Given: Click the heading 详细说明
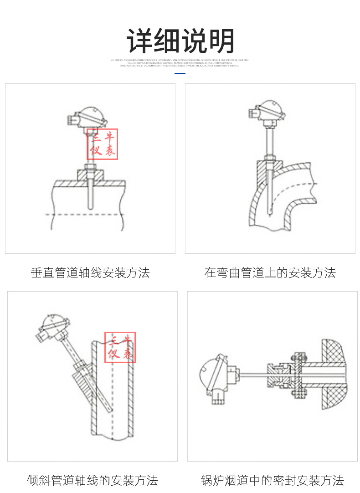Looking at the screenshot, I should coord(180,41).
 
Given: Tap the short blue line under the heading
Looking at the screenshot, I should coord(180,73).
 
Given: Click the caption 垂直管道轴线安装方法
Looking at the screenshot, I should coord(90,273).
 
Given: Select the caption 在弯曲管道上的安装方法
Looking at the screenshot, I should coord(270,273).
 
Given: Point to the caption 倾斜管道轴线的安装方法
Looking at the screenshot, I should coord(93,480).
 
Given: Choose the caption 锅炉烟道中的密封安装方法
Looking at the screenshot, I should coord(273,480).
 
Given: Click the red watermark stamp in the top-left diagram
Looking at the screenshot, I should coord(103,144).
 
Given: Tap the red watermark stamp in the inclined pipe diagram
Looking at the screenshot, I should coord(120,348).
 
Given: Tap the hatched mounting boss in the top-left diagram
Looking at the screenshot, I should coord(89,175).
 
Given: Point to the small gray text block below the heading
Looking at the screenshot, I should coord(180,63).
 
